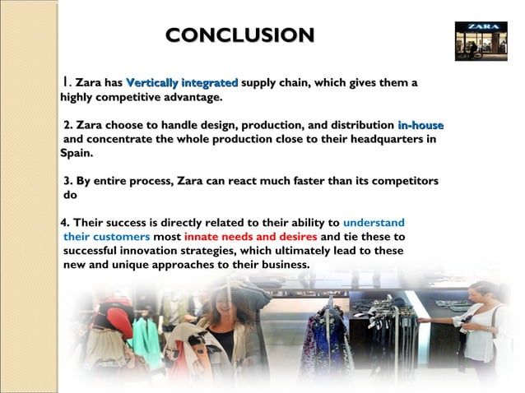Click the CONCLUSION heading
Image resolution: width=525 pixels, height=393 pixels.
pos(239,35)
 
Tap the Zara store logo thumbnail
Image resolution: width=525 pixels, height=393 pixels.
pos(481,41)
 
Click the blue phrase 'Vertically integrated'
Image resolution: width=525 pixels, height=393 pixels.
pos(182,83)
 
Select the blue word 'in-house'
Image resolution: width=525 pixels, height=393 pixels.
pos(420,126)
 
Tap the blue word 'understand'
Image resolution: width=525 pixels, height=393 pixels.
pos(374,223)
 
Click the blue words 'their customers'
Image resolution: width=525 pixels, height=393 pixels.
pos(106,237)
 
